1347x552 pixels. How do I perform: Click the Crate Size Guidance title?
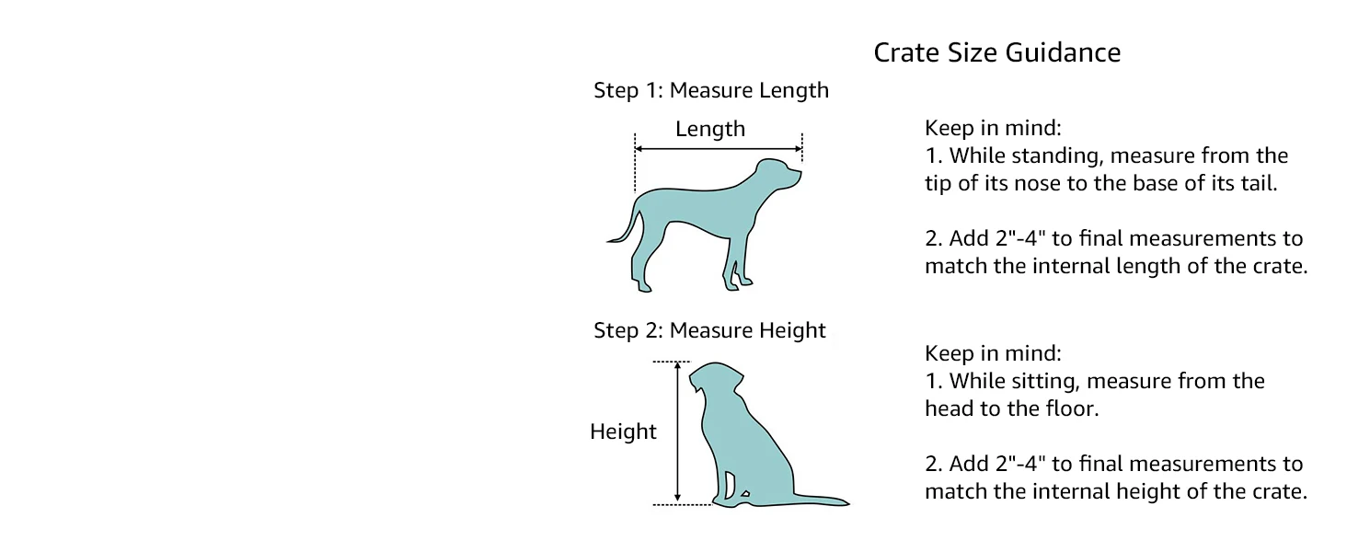996,52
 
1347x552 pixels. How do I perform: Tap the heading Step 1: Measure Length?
710,90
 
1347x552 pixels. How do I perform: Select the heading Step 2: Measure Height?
709,330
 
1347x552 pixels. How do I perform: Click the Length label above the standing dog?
709,130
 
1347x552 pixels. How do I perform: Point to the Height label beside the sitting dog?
623,431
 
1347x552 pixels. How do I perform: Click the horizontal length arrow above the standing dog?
718,149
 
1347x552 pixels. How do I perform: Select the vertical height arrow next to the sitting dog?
678,432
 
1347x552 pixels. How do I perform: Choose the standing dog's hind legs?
639,267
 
